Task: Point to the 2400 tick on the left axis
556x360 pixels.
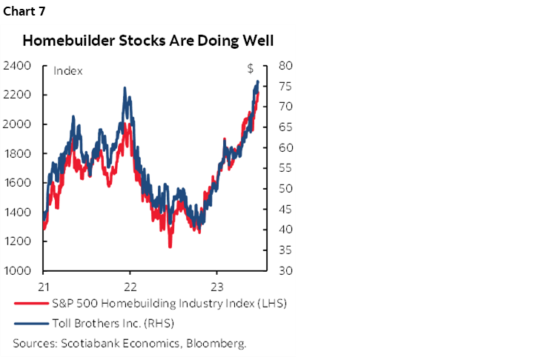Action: (17, 66)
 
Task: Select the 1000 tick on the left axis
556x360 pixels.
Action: (17, 270)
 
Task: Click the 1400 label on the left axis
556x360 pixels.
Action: (17, 212)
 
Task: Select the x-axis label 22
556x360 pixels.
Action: (130, 286)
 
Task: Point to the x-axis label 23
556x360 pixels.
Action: (217, 286)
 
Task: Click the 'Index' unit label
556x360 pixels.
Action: (67, 71)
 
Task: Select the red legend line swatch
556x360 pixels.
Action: (28, 304)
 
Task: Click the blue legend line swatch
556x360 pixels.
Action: (28, 322)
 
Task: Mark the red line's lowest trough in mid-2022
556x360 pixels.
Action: (170, 246)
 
